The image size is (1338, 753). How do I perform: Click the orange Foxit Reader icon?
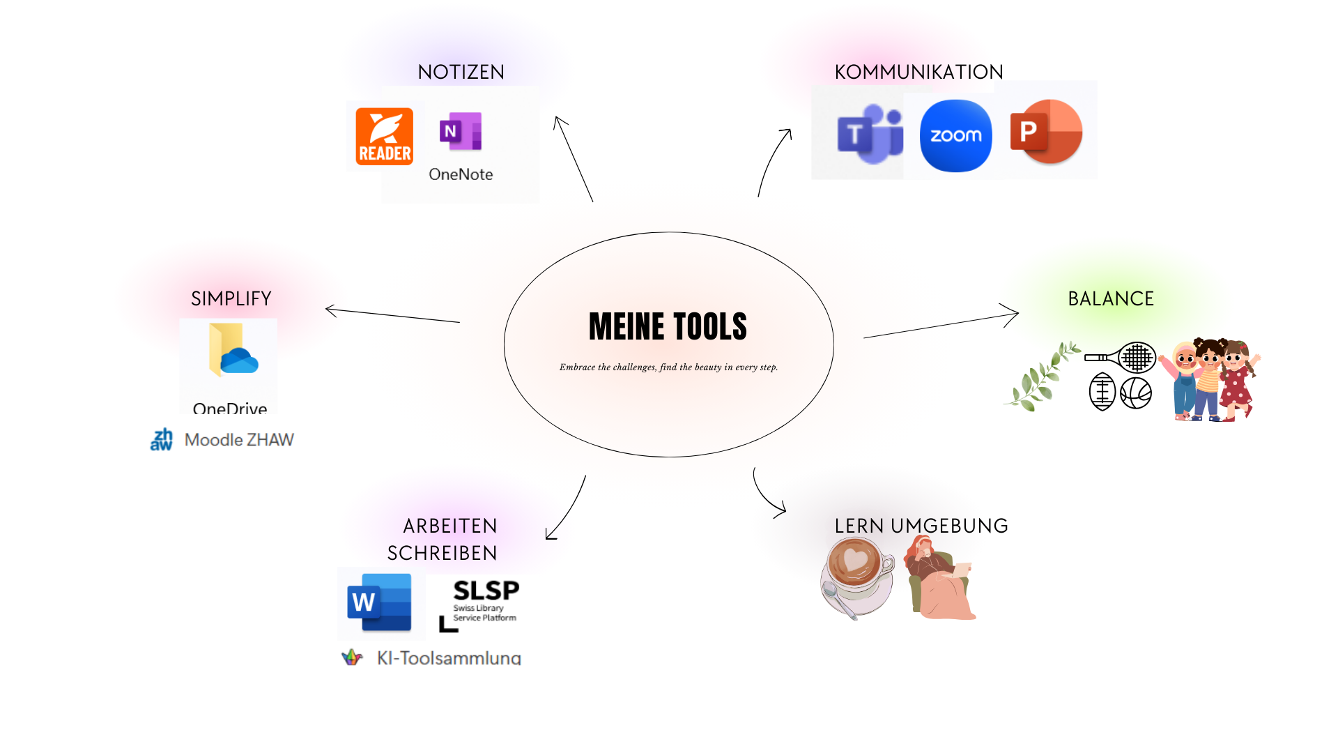click(384, 137)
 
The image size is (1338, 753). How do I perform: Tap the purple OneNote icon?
click(461, 131)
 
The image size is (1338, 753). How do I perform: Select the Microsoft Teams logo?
click(869, 134)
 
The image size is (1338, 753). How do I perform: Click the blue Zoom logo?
click(955, 135)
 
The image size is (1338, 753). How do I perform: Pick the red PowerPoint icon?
click(1045, 132)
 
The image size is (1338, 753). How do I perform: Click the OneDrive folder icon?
click(233, 350)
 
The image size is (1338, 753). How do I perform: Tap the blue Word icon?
click(380, 602)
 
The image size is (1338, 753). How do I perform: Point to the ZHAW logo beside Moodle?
click(162, 440)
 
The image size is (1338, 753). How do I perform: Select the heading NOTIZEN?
click(461, 72)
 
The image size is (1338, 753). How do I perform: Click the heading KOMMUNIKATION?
click(918, 72)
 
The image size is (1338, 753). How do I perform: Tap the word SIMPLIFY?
click(231, 298)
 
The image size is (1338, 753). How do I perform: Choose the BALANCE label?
click(1111, 298)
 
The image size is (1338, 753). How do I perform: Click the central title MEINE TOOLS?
click(668, 326)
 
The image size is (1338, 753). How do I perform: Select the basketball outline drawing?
click(1136, 393)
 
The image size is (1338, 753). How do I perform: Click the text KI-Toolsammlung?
click(449, 657)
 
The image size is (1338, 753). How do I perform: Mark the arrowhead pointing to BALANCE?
click(1014, 314)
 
